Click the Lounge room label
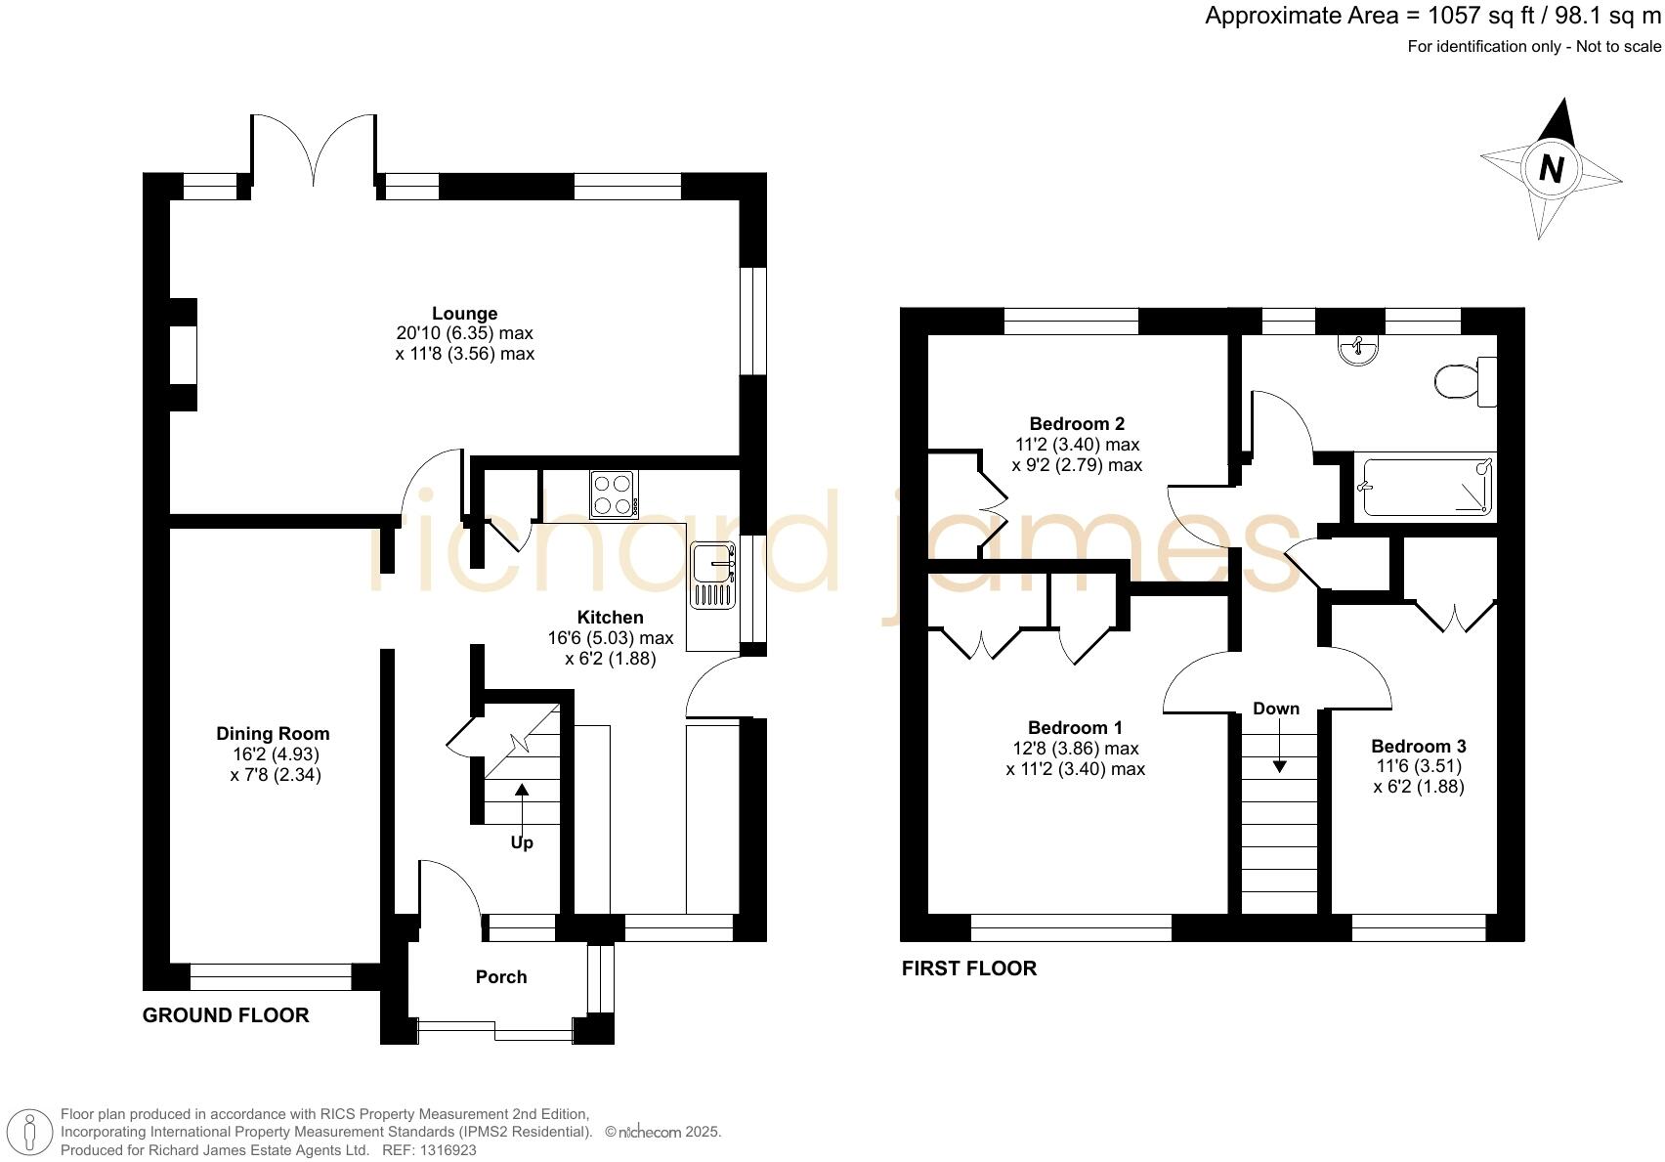pyautogui.click(x=464, y=314)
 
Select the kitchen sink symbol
pyautogui.click(x=713, y=577)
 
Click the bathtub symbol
pyautogui.click(x=1426, y=487)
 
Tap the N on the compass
pyautogui.click(x=1551, y=169)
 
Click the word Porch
pyautogui.click(x=500, y=976)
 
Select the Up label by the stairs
pyautogui.click(x=522, y=842)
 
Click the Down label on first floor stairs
pyautogui.click(x=1276, y=709)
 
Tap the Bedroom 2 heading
pyautogui.click(x=1077, y=423)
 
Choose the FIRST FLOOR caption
pyautogui.click(x=968, y=968)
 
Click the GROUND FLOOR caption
pyautogui.click(x=226, y=1015)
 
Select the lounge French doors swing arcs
pyautogui.click(x=314, y=147)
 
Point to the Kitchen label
pyautogui.click(x=610, y=617)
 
